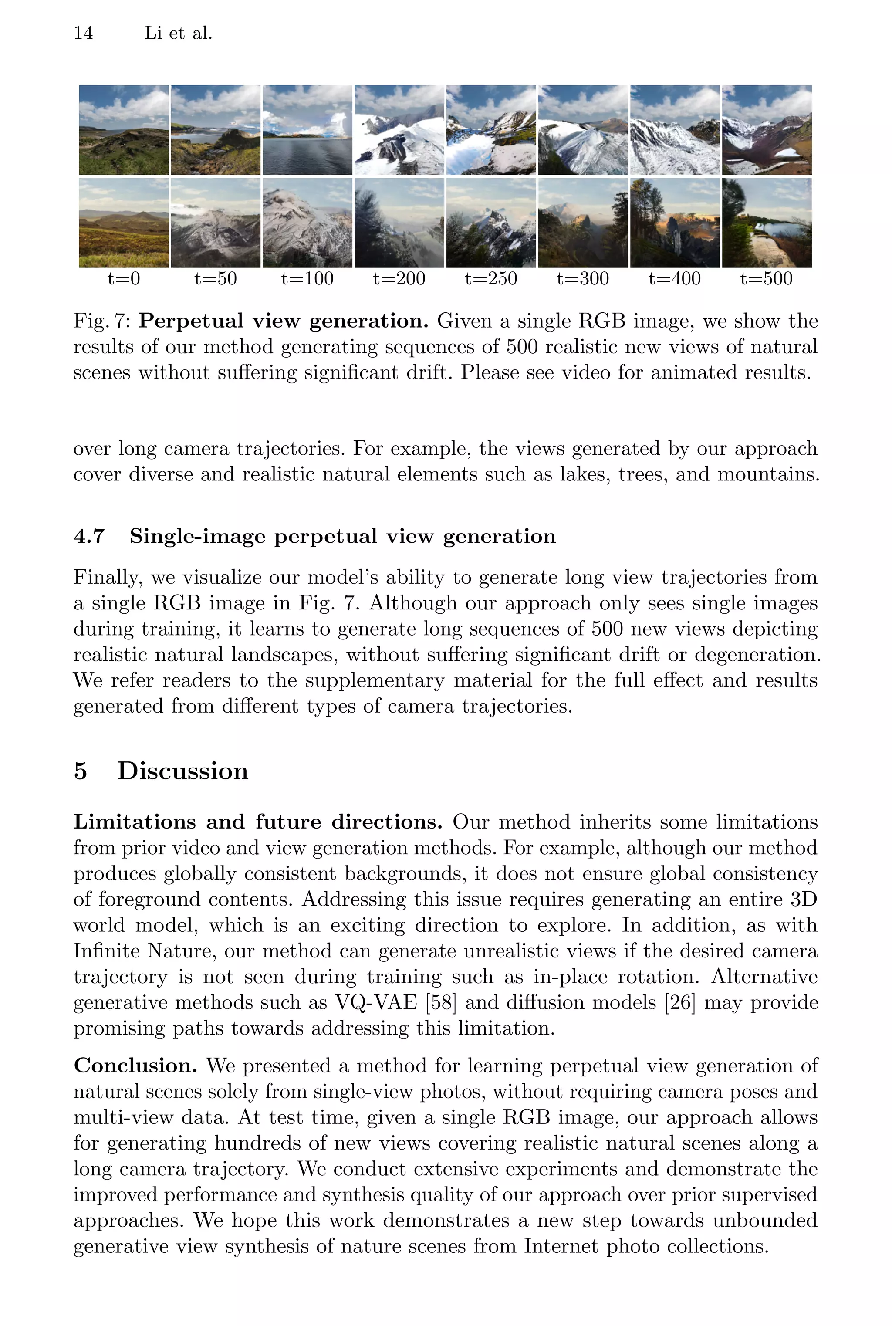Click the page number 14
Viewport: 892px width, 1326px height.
83,33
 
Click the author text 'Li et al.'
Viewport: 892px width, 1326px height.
178,33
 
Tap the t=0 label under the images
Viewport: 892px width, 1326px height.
123,279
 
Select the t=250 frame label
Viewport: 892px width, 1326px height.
491,279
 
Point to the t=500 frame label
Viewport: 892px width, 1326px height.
766,279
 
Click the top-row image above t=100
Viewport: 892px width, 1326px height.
307,130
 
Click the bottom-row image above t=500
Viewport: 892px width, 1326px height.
766,223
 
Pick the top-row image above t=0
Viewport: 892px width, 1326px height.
123,130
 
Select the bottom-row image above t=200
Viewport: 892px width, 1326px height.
399,223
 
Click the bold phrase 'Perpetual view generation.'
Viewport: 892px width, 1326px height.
283,321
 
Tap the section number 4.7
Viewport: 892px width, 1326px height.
89,536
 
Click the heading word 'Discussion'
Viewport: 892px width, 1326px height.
182,771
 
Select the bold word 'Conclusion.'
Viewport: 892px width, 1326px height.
135,1066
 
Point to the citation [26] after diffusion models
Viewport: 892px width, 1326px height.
680,1002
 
